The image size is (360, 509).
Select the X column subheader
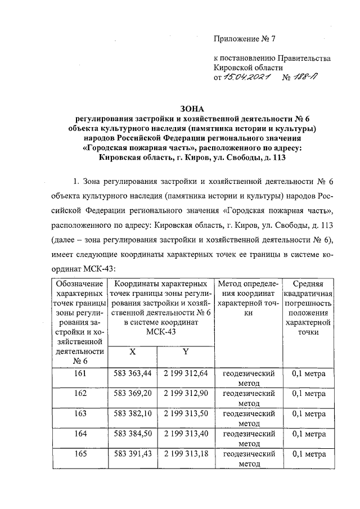point(132,352)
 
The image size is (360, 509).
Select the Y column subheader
point(185,352)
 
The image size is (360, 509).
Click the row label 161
point(80,372)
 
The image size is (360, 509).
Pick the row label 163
point(80,413)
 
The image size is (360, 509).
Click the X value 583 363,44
point(133,372)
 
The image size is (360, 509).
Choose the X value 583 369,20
point(133,393)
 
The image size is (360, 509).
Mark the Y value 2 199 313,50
point(186,413)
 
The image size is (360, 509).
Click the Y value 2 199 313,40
point(186,434)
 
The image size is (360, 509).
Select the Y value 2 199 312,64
point(186,372)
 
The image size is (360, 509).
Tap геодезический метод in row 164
point(249,439)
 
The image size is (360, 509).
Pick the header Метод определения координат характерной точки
point(249,298)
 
